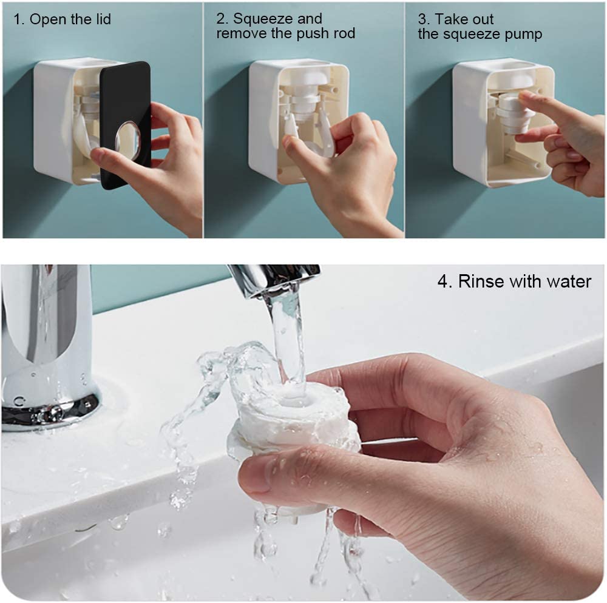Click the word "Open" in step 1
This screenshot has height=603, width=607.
click(47, 19)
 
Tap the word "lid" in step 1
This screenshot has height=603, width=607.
click(103, 19)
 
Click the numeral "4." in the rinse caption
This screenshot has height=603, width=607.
click(445, 281)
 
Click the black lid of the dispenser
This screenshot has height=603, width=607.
click(125, 124)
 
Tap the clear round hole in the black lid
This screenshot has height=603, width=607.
click(127, 140)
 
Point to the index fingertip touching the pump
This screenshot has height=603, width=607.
click(522, 96)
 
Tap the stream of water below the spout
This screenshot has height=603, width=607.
click(288, 340)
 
